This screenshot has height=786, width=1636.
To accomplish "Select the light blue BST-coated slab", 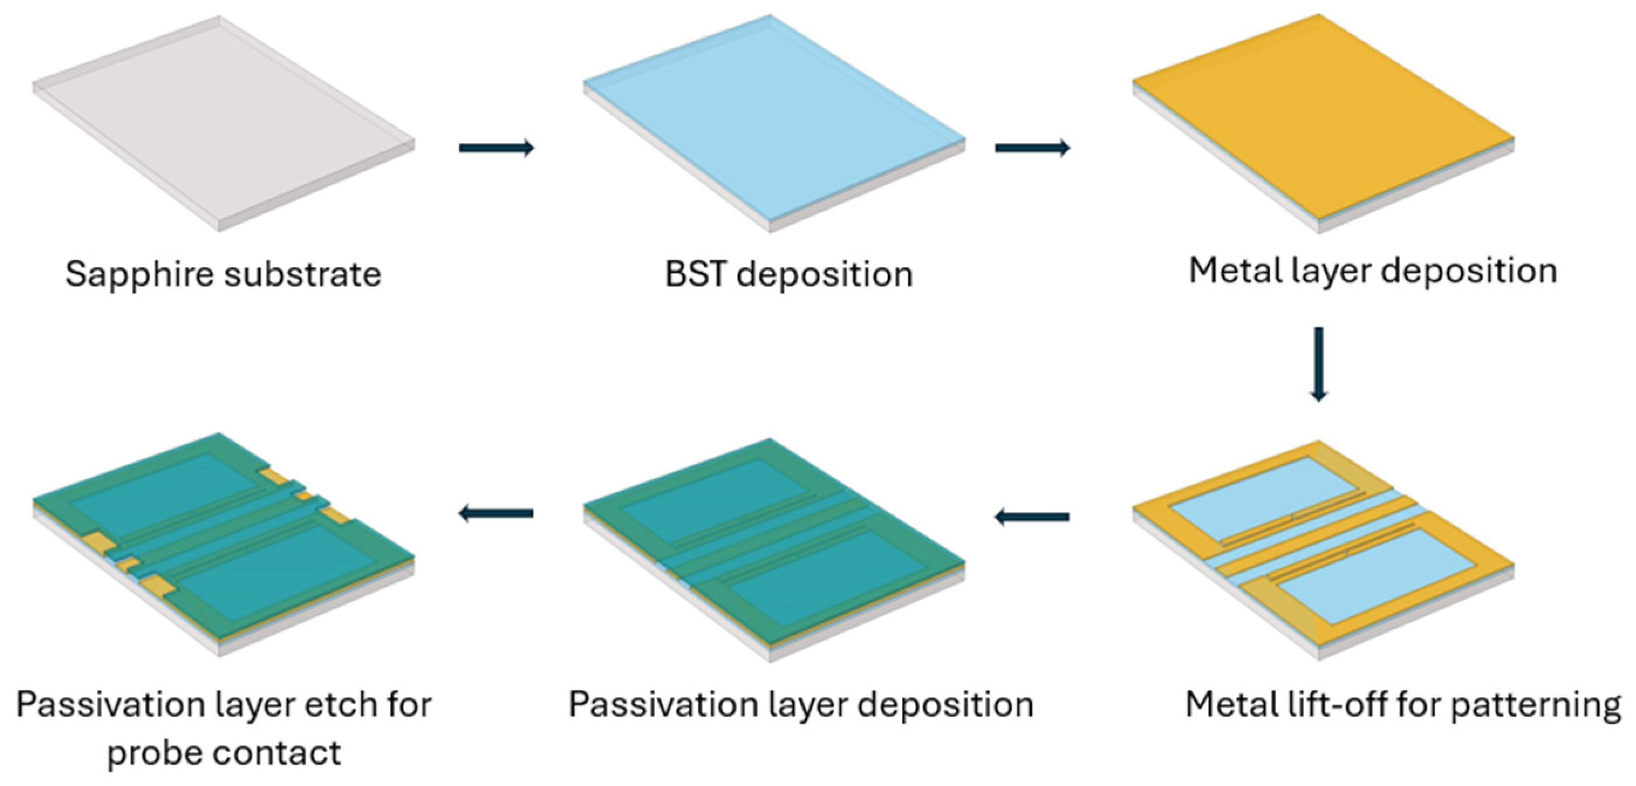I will click(774, 121).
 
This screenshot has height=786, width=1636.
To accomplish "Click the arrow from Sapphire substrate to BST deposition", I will click(497, 148).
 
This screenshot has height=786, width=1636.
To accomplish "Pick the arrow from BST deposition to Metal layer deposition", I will click(1033, 148).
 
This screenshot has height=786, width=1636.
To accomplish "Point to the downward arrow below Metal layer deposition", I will click(1319, 364).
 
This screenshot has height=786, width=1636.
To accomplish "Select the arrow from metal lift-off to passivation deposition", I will click(1032, 517).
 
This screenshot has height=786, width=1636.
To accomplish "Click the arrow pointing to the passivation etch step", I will click(496, 513).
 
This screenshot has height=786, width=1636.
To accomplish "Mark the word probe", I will click(153, 754).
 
